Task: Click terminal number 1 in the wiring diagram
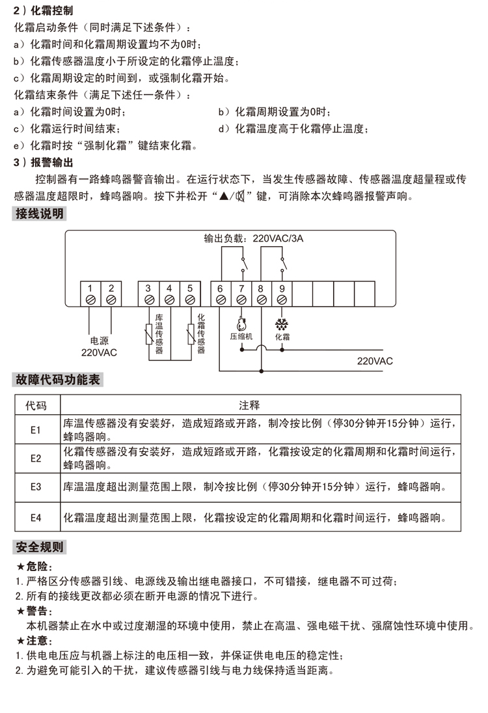click(90, 288)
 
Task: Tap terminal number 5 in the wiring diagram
click(190, 288)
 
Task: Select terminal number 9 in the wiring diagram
click(282, 288)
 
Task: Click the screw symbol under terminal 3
click(148, 300)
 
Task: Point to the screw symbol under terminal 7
click(241, 300)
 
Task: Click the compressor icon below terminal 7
click(241, 324)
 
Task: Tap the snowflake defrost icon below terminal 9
click(282, 324)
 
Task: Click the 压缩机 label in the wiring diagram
click(241, 337)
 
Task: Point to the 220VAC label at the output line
click(375, 361)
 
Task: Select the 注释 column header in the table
click(249, 405)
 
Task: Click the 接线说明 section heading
click(39, 214)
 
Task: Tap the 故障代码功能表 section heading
click(58, 380)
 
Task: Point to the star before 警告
click(21, 611)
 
